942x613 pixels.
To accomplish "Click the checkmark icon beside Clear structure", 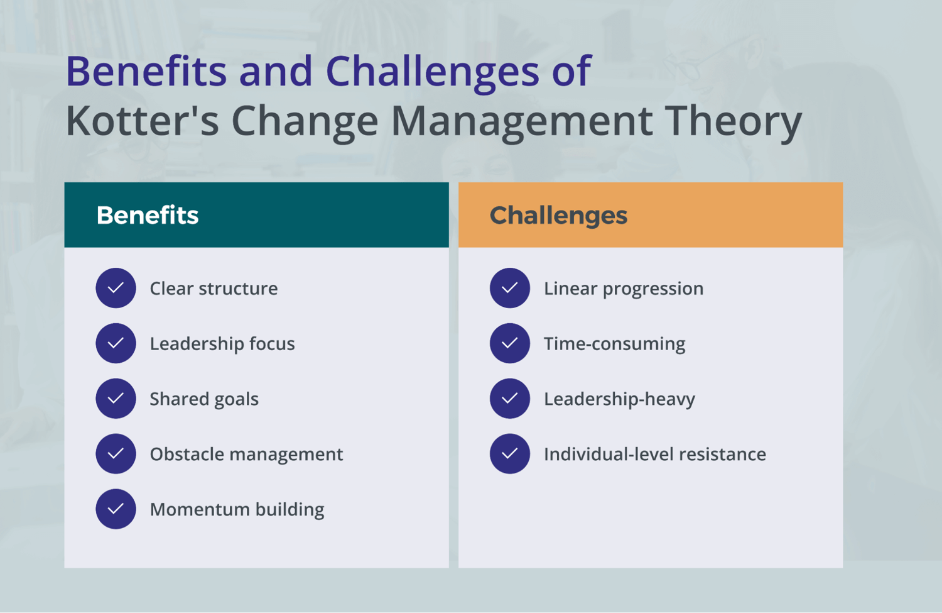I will click(x=116, y=288).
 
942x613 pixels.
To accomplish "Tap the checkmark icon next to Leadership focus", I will click(x=116, y=343).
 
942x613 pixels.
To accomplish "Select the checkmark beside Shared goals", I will click(x=116, y=399).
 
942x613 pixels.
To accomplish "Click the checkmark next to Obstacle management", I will click(x=116, y=454).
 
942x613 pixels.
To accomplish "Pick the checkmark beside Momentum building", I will click(x=116, y=509).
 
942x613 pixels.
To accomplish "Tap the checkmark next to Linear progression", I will click(x=510, y=288).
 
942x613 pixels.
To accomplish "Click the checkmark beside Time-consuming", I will click(x=510, y=343).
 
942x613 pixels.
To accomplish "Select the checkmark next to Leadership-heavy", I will click(x=510, y=399).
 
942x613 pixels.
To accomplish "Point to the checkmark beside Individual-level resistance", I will click(x=510, y=454).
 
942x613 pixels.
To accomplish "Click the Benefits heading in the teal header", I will click(x=148, y=216).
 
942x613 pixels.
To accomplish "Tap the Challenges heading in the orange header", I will click(x=558, y=216).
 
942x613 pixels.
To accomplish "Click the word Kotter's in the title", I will click(x=142, y=121).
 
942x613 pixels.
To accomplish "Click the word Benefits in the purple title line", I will click(x=146, y=70).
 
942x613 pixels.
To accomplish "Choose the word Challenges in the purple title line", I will click(x=432, y=70).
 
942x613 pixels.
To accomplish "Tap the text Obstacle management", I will click(x=246, y=454).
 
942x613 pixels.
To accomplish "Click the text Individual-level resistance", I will click(x=654, y=454).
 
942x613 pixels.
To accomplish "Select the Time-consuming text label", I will click(x=614, y=343).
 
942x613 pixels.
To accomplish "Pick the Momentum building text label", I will click(x=237, y=509).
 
